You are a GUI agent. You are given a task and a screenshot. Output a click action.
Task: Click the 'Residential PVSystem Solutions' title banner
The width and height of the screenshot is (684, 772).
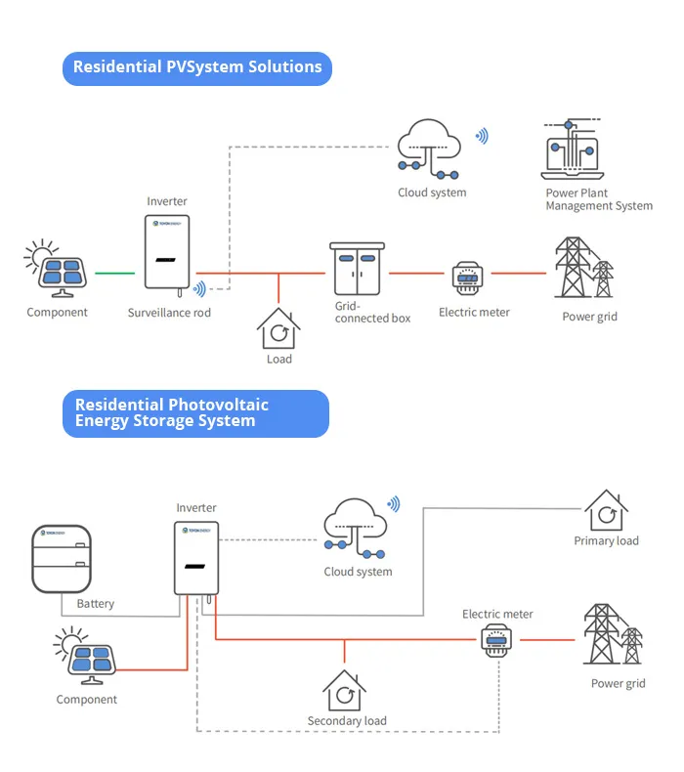click(197, 68)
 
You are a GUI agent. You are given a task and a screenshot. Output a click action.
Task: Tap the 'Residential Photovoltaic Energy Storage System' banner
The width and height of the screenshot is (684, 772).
click(195, 413)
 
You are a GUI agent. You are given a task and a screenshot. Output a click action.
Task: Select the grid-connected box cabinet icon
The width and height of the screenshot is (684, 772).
click(357, 269)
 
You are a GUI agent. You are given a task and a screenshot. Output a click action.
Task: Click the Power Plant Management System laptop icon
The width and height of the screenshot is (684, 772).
click(573, 149)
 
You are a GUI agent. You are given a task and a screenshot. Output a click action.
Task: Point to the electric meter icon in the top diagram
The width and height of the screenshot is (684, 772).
click(467, 279)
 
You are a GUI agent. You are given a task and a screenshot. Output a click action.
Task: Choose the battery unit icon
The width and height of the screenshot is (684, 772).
click(62, 559)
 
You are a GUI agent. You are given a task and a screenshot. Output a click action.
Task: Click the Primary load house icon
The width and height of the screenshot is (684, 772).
click(606, 510)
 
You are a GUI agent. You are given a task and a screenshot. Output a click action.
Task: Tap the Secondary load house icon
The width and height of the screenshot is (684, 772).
click(344, 690)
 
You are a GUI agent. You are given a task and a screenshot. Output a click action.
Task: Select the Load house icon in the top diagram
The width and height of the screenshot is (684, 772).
click(278, 328)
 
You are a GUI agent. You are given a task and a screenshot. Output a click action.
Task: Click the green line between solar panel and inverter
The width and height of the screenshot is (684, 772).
click(114, 273)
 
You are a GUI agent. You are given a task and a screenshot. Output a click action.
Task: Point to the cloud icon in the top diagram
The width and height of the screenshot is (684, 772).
click(429, 149)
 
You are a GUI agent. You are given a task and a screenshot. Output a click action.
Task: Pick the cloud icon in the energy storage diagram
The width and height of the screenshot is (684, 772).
click(355, 529)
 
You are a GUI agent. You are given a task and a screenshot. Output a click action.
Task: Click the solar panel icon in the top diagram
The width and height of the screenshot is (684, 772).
click(55, 269)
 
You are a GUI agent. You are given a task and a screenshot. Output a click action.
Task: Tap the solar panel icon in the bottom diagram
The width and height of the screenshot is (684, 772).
click(85, 656)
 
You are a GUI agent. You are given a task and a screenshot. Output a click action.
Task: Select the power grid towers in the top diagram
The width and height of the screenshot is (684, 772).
click(584, 268)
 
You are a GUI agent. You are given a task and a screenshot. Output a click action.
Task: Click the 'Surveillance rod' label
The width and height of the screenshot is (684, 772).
click(169, 313)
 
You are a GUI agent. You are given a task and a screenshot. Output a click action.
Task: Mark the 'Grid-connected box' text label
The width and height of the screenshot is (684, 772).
click(372, 312)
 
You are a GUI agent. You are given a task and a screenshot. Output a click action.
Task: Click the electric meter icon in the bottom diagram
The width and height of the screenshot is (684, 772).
click(496, 640)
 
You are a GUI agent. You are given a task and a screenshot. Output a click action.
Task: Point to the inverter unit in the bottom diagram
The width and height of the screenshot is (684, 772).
click(196, 558)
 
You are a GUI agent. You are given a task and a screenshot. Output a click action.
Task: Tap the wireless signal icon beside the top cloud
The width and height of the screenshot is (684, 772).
click(482, 136)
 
